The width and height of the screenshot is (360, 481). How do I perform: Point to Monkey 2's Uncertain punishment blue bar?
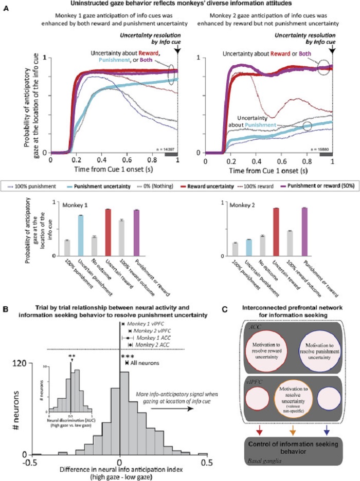click(x=248, y=247)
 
